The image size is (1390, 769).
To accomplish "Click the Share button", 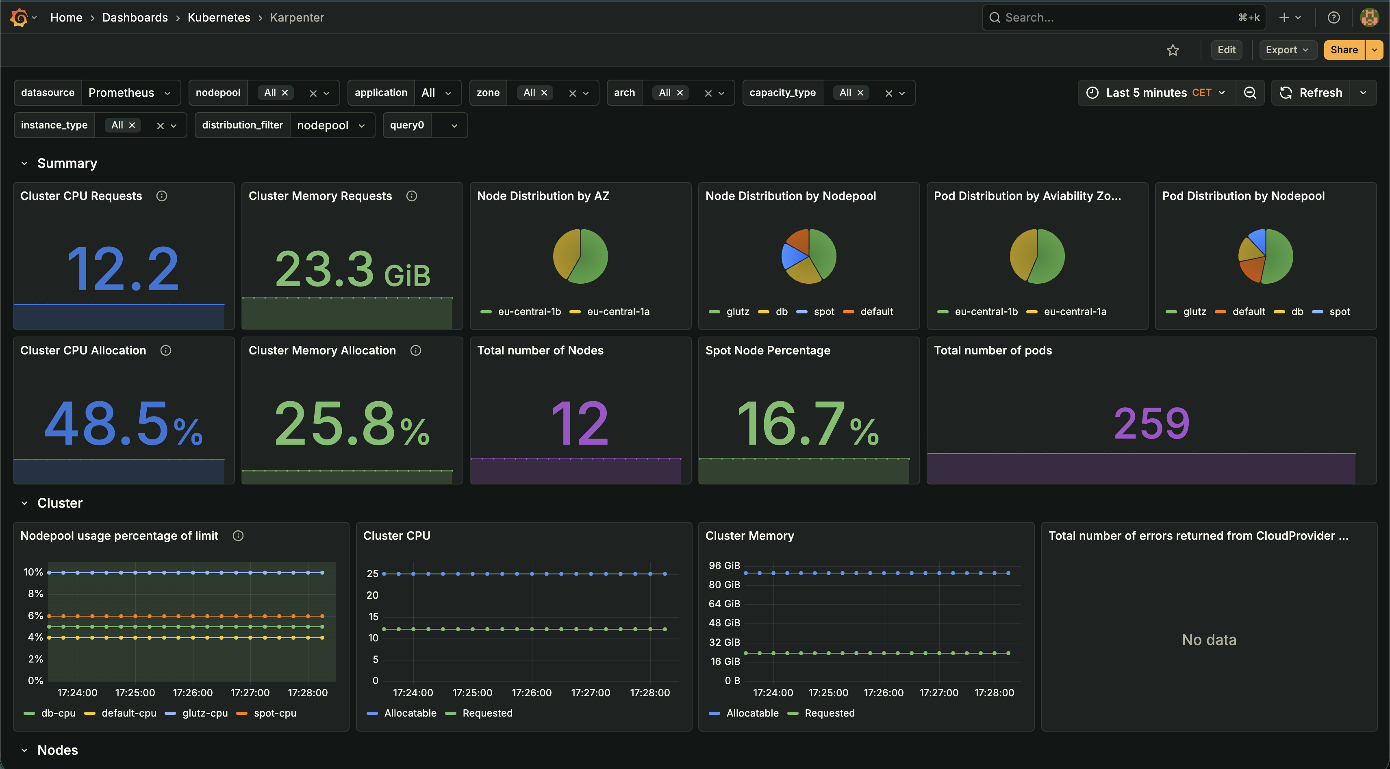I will [1344, 50].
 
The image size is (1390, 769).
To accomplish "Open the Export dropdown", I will [1287, 50].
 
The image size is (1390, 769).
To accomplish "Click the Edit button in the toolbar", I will [1226, 50].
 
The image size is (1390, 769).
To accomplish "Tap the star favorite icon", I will [1173, 50].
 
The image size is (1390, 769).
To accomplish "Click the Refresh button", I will [1311, 93].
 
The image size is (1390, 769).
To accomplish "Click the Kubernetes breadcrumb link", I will [219, 17].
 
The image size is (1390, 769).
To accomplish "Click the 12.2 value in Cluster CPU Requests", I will [123, 269].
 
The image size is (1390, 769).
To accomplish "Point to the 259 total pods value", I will [1151, 423].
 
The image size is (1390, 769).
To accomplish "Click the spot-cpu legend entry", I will [274, 713].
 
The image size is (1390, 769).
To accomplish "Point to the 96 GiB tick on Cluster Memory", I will [724, 565].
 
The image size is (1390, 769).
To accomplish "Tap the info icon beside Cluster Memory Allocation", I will [415, 350].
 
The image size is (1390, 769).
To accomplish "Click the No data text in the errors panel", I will [1209, 639].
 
